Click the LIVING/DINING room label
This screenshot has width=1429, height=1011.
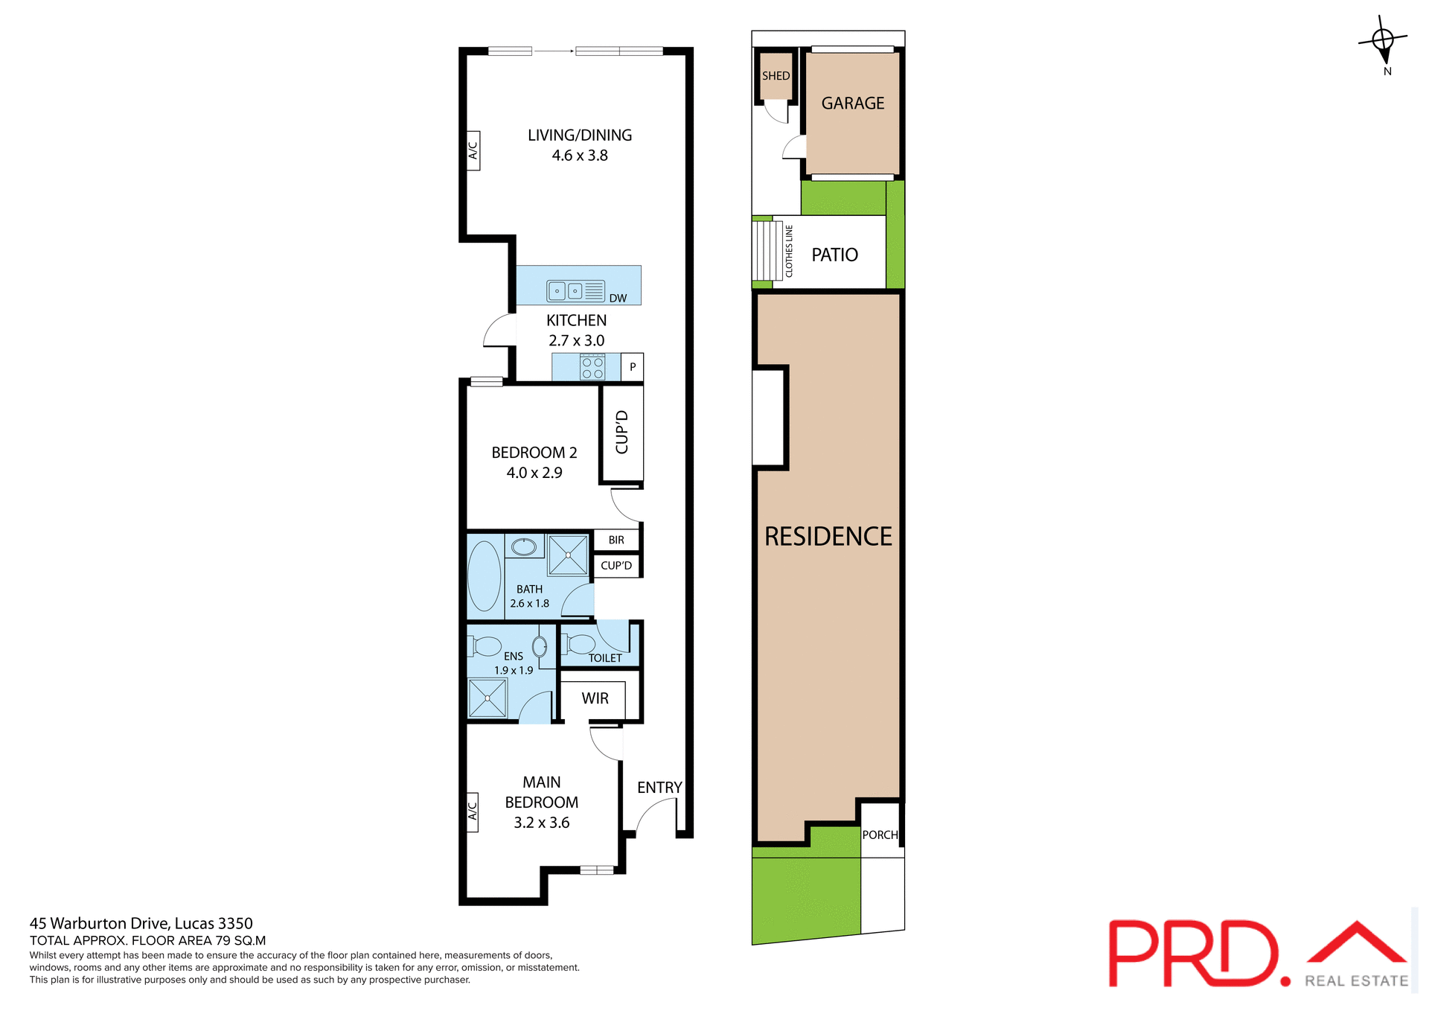tap(580, 135)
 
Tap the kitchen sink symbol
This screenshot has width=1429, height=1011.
tap(575, 290)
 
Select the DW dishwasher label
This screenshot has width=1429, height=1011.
tap(618, 298)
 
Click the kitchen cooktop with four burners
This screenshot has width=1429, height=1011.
tap(592, 368)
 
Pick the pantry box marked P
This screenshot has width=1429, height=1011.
tap(633, 367)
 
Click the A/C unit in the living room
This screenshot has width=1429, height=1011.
tap(473, 150)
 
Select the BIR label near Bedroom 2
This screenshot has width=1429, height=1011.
tap(616, 540)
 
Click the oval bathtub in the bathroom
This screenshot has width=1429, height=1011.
tap(485, 576)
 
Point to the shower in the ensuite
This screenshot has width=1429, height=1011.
tap(487, 698)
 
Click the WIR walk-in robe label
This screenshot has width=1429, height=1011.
tap(595, 698)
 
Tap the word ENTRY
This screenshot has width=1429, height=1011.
tap(659, 788)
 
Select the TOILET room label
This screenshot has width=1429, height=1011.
tap(605, 658)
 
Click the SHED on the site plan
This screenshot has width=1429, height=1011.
tap(776, 76)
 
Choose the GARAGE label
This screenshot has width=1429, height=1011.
tap(853, 103)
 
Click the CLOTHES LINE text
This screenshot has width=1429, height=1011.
tap(789, 252)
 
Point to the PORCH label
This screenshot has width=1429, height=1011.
tap(880, 835)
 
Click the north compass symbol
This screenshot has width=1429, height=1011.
tap(1383, 40)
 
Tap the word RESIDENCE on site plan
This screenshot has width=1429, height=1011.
tap(828, 537)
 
